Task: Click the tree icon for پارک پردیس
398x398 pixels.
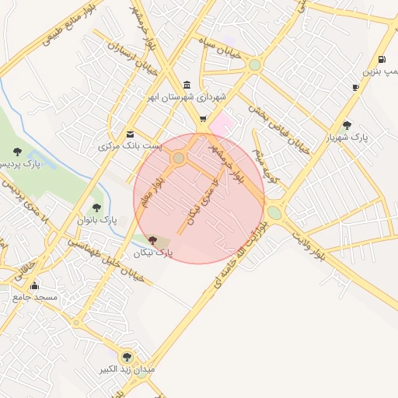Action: coord(18,151)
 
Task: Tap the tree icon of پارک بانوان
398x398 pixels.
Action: coord(96,207)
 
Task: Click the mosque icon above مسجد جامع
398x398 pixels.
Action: coord(34,286)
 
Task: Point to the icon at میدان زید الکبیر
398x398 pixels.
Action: coord(127,357)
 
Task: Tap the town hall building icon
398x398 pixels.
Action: coord(187,85)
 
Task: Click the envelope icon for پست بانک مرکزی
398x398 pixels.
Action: coord(130,133)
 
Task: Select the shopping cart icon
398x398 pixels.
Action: coord(204,119)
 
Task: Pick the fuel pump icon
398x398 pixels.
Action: coord(381,59)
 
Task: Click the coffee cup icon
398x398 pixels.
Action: coord(356,87)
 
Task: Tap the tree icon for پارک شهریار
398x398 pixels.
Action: coord(347,124)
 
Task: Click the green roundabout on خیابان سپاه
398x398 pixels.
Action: coord(254,65)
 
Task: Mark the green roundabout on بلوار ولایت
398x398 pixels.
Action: coord(274,212)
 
